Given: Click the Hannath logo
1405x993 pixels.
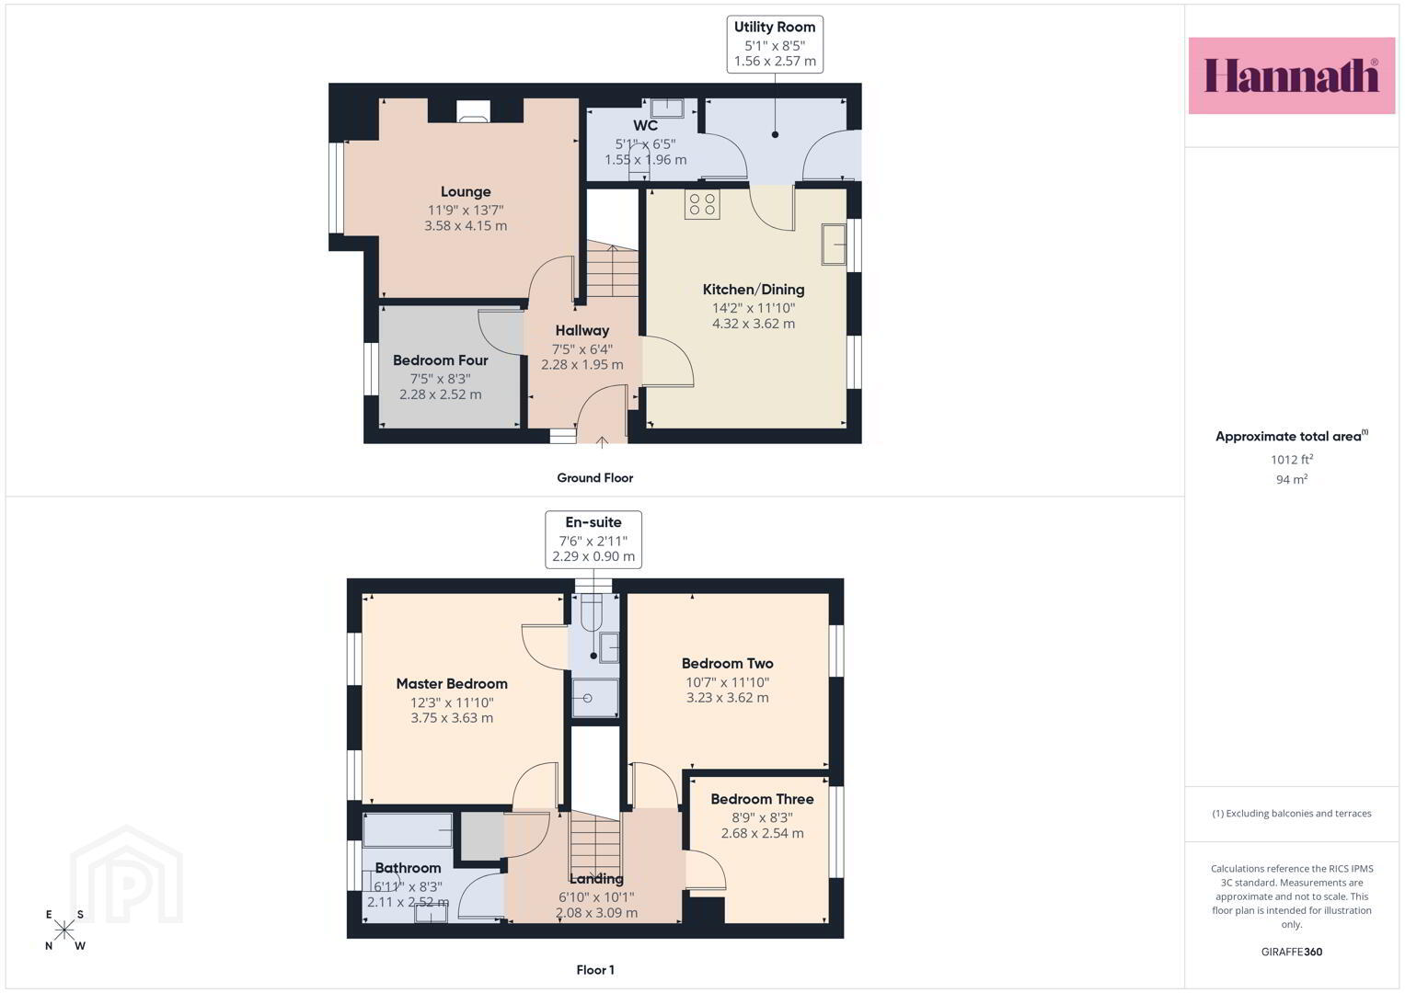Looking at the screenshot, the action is [x=1292, y=75].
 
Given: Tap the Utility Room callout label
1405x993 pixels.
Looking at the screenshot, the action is [x=775, y=44].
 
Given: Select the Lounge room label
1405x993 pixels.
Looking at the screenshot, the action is [x=466, y=192].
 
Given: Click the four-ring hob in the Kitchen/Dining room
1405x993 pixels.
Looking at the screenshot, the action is [x=702, y=204].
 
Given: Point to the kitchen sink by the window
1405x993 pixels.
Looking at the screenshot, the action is [x=834, y=244].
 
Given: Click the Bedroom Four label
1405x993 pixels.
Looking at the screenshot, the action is [x=441, y=360].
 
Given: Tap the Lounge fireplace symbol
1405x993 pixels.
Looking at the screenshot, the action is [x=474, y=111].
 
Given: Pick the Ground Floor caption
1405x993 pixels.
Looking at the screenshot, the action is [x=594, y=478].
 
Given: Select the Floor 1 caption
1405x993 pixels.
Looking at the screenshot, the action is [x=595, y=970].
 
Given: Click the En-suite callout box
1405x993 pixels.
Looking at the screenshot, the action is [x=593, y=540].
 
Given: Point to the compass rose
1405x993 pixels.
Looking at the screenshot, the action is [x=64, y=930].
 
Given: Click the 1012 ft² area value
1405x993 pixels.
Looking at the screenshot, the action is [x=1292, y=460].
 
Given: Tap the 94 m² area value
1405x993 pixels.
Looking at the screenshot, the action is [x=1292, y=480].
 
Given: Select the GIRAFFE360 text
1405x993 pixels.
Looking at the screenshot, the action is [x=1292, y=952].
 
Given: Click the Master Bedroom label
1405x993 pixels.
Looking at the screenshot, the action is [x=452, y=684].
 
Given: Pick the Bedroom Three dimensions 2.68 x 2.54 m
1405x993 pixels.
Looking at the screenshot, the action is [x=762, y=833].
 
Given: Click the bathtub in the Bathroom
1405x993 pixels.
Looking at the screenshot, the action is [x=408, y=830].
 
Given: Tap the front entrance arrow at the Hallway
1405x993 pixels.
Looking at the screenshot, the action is [x=602, y=442].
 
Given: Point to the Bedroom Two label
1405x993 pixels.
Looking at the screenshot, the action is [x=728, y=663].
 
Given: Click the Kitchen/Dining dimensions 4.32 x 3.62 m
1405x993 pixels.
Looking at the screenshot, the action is [x=754, y=324].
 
